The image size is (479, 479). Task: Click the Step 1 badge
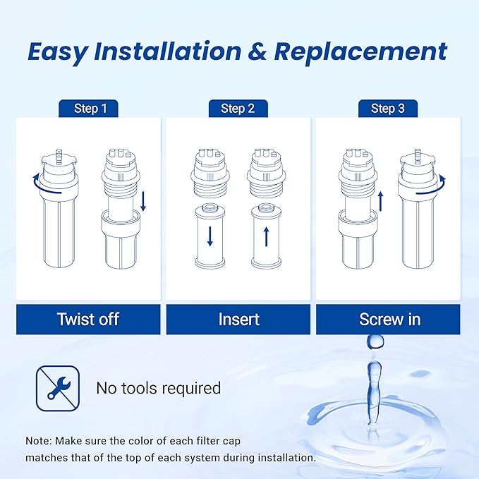[90, 109]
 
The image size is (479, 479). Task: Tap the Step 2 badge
[238, 109]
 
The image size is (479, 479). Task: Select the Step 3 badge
[387, 109]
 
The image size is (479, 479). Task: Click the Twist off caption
[88, 319]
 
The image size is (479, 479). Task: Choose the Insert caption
[238, 319]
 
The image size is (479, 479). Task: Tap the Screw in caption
[389, 319]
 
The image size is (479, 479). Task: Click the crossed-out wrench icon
[54, 388]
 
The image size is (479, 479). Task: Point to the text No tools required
[158, 388]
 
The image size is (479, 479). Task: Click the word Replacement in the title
[360, 51]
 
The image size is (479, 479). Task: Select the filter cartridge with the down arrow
[209, 236]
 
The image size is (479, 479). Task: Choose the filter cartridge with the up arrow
[266, 236]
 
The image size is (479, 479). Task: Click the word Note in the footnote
[37, 440]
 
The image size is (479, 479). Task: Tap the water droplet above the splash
[373, 341]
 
